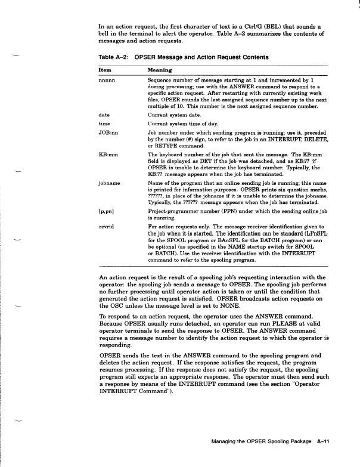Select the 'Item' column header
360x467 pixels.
coord(104,70)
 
